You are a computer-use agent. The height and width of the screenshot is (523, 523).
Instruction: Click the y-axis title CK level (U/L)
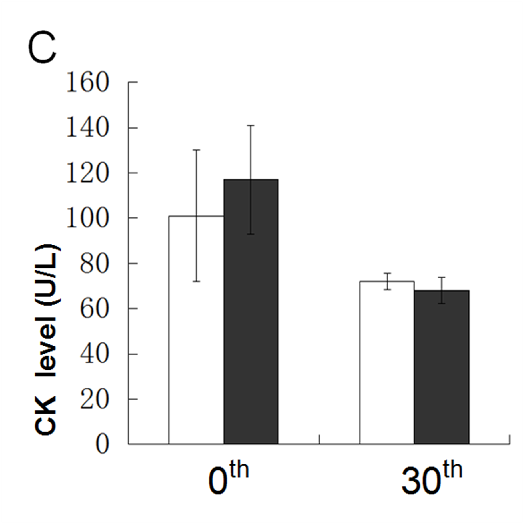[x=47, y=340]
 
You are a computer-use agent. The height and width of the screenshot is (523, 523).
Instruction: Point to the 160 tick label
[x=87, y=83]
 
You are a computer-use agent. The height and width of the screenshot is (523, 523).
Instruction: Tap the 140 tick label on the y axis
[x=87, y=128]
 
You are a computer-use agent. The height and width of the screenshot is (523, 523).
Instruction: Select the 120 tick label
[x=87, y=173]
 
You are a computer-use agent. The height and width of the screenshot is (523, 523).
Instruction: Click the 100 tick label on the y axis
[x=87, y=218]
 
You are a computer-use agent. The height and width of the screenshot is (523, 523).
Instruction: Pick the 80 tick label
[x=95, y=263]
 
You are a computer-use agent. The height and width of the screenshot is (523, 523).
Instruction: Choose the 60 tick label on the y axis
[x=95, y=308]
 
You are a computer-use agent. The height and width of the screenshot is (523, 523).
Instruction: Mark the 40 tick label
[x=95, y=354]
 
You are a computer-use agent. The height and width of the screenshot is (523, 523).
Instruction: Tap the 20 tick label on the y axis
[x=95, y=399]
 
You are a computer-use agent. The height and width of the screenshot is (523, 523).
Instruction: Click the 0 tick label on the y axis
[x=102, y=444]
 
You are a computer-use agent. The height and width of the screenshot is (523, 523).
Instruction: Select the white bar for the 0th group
[x=196, y=330]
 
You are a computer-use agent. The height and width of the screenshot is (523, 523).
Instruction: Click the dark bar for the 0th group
[x=251, y=312]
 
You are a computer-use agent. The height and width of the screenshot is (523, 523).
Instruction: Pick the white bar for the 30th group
[x=387, y=363]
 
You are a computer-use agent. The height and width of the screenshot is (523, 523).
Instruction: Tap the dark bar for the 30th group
[x=442, y=367]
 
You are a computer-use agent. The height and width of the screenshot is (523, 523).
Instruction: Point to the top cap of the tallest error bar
[x=251, y=125]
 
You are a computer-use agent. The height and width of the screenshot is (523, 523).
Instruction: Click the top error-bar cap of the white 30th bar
[x=387, y=273]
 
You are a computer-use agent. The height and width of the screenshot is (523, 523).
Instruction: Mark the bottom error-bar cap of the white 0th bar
[x=196, y=281]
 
